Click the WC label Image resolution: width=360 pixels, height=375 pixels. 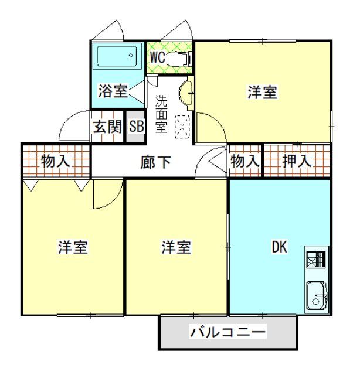click(157, 57)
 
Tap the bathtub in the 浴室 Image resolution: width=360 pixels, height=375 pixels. click(117, 57)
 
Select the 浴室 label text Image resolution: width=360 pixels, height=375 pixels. click(113, 91)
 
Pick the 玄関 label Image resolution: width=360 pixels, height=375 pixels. click(107, 127)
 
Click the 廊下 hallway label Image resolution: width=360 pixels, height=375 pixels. click(156, 162)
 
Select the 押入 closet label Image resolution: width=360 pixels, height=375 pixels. click(297, 161)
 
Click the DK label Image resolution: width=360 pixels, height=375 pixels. click(279, 247)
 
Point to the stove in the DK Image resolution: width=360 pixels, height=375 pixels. click(316, 259)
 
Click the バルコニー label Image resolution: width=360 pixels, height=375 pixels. click(227, 333)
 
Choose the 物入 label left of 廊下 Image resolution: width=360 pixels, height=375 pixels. click(56, 161)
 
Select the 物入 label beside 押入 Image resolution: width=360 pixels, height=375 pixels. click(244, 161)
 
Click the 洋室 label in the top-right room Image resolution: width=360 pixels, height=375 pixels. click(262, 93)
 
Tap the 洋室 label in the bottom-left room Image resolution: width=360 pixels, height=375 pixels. click(73, 247)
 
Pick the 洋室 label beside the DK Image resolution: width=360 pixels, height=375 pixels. click(176, 247)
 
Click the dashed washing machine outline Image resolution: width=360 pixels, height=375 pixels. click(182, 126)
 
